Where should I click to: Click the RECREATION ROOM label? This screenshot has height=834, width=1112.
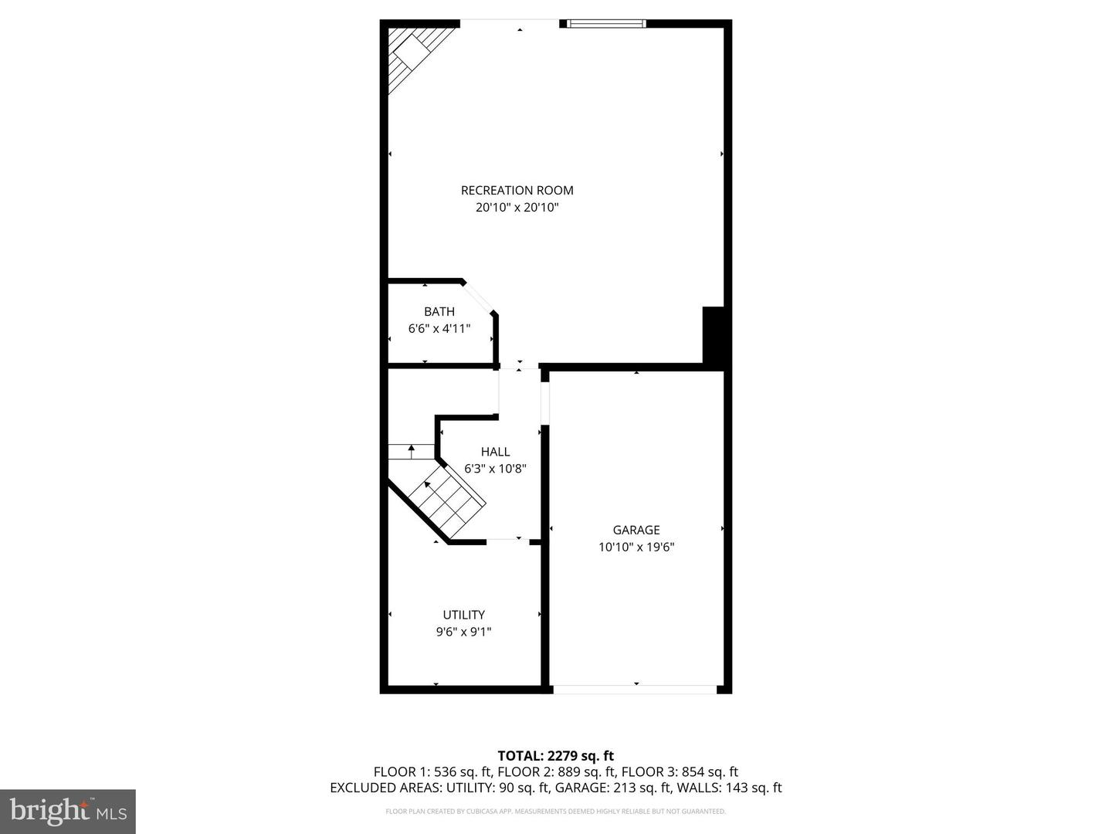tap(517, 191)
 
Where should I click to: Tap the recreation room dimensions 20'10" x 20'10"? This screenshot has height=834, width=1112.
tap(517, 207)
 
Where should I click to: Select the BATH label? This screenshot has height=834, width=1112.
tap(439, 311)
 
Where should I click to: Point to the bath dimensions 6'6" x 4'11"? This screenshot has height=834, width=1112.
tap(439, 329)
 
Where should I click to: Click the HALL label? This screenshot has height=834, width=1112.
tap(495, 452)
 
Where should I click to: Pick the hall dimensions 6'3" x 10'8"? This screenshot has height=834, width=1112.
tap(495, 469)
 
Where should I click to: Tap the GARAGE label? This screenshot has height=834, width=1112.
tap(636, 530)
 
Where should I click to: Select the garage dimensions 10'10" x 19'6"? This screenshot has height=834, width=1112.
tap(636, 547)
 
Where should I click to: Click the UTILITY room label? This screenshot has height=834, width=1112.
tap(463, 615)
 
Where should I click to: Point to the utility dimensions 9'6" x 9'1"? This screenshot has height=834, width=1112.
tap(463, 632)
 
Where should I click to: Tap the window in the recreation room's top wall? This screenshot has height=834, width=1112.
tap(606, 23)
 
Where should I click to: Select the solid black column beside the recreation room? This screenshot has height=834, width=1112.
tap(713, 334)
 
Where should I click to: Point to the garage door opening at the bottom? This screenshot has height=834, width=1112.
tap(635, 689)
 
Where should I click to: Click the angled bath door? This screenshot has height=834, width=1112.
tap(478, 297)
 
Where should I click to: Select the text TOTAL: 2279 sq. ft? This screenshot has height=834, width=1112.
tap(556, 755)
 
